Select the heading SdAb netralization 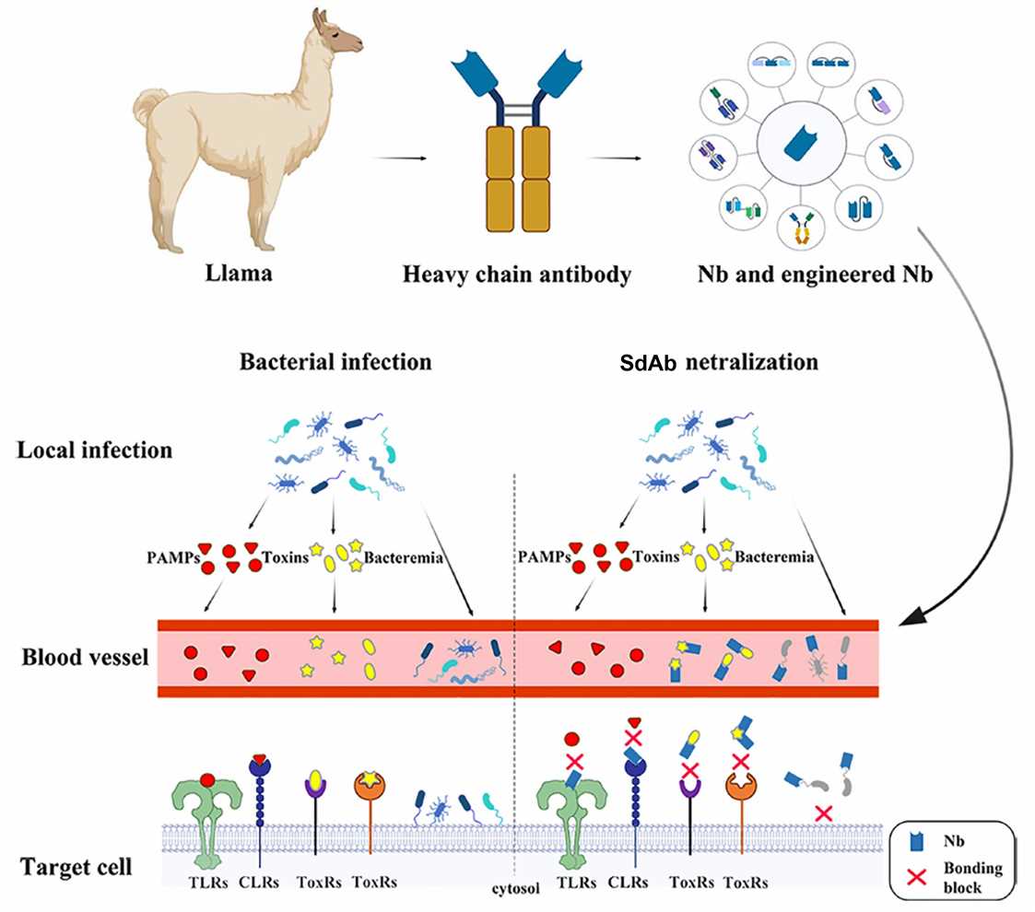pyautogui.click(x=720, y=362)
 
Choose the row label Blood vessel pyautogui.click(x=82, y=658)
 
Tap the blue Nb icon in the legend pyautogui.click(x=916, y=841)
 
